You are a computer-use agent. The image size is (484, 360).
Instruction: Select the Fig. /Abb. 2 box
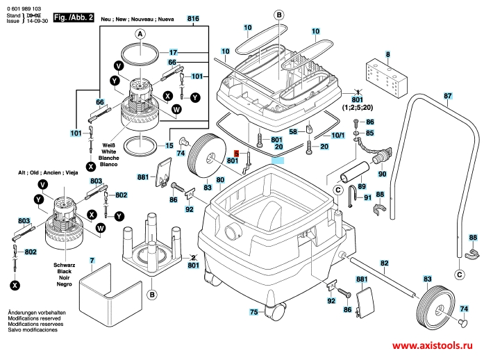pos(73,15)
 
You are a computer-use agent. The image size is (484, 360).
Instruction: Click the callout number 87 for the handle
pos(448,95)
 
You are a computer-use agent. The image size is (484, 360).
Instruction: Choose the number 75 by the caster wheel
pos(254,312)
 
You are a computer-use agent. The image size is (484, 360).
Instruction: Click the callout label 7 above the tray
pos(92,261)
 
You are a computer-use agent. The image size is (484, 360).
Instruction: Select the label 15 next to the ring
pos(169,146)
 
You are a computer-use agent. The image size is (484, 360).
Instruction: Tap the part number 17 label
pos(174,52)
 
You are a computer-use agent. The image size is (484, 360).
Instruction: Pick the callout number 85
pos(369,133)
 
